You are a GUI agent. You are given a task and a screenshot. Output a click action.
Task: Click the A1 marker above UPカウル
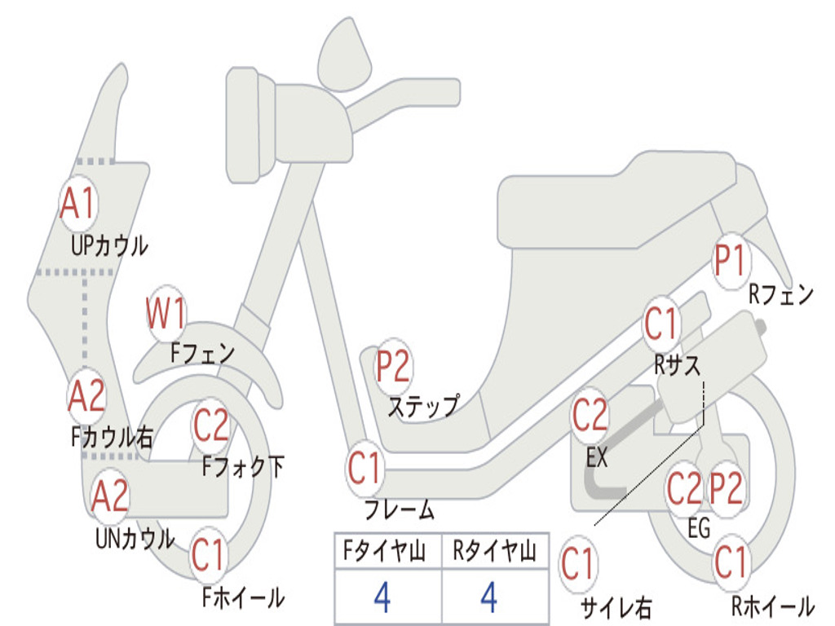point(79,204)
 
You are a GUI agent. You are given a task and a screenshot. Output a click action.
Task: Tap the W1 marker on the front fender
point(167,313)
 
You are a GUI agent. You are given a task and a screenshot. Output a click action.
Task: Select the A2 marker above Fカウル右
point(86,396)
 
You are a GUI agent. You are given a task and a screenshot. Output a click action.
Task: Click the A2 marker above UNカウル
point(110,496)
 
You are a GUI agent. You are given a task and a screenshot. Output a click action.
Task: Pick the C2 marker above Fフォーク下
point(211,424)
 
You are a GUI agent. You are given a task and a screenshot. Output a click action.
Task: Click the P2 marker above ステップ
point(393,367)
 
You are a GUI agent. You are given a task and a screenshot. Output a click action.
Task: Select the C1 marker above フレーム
point(365,468)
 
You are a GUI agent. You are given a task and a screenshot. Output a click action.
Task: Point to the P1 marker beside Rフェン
point(731,261)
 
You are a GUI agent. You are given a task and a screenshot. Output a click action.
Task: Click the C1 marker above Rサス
point(662,324)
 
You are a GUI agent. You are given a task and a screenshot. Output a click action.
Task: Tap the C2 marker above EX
point(590,416)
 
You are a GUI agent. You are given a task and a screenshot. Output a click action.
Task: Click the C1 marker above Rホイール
point(731,562)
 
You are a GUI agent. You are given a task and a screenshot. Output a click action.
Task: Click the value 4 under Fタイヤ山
point(382,597)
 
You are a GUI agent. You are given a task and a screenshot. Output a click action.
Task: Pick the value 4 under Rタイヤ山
point(489,597)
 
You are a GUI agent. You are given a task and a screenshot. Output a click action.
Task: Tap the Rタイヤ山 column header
point(494,553)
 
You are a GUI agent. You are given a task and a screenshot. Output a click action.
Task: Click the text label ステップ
point(423,405)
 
